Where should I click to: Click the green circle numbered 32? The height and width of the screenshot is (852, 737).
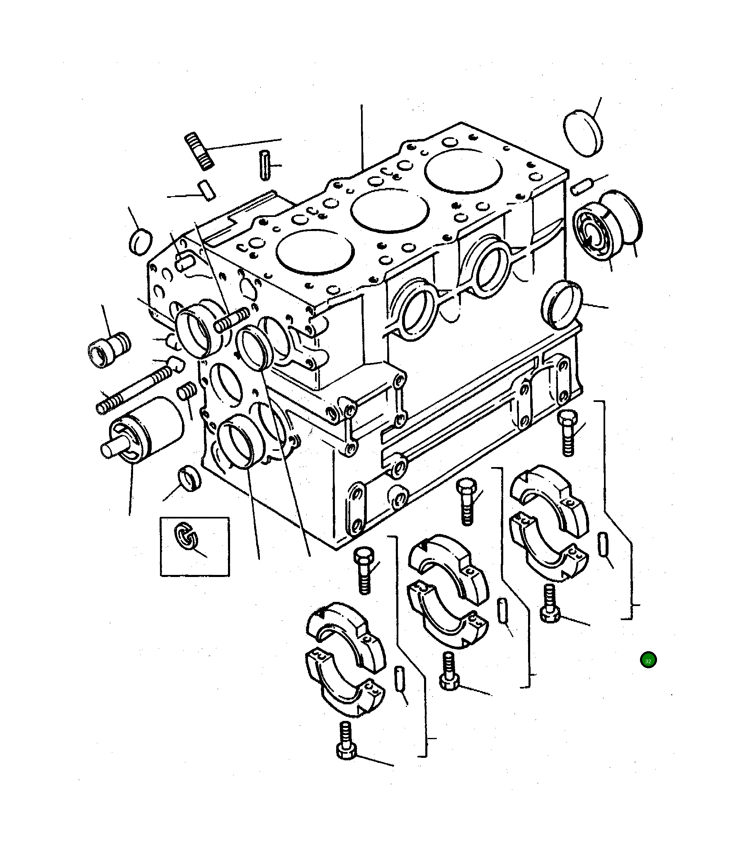[x=648, y=660]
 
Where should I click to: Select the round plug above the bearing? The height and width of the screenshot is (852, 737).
[x=583, y=133]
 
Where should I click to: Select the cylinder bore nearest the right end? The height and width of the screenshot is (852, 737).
[x=463, y=170]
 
